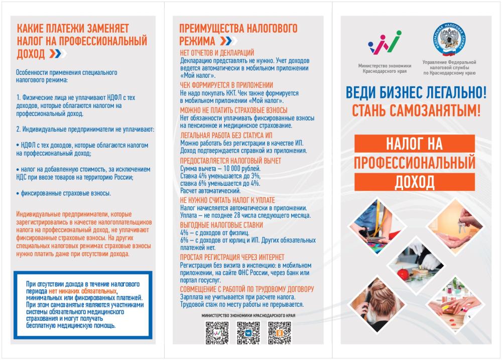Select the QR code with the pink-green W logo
click(x=217, y=332)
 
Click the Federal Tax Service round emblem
click(x=449, y=40)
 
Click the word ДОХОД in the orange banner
click(x=415, y=180)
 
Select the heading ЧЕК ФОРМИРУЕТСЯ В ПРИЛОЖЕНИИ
click(x=226, y=85)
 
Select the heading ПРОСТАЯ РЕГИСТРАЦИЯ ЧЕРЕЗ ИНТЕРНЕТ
click(x=232, y=258)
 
